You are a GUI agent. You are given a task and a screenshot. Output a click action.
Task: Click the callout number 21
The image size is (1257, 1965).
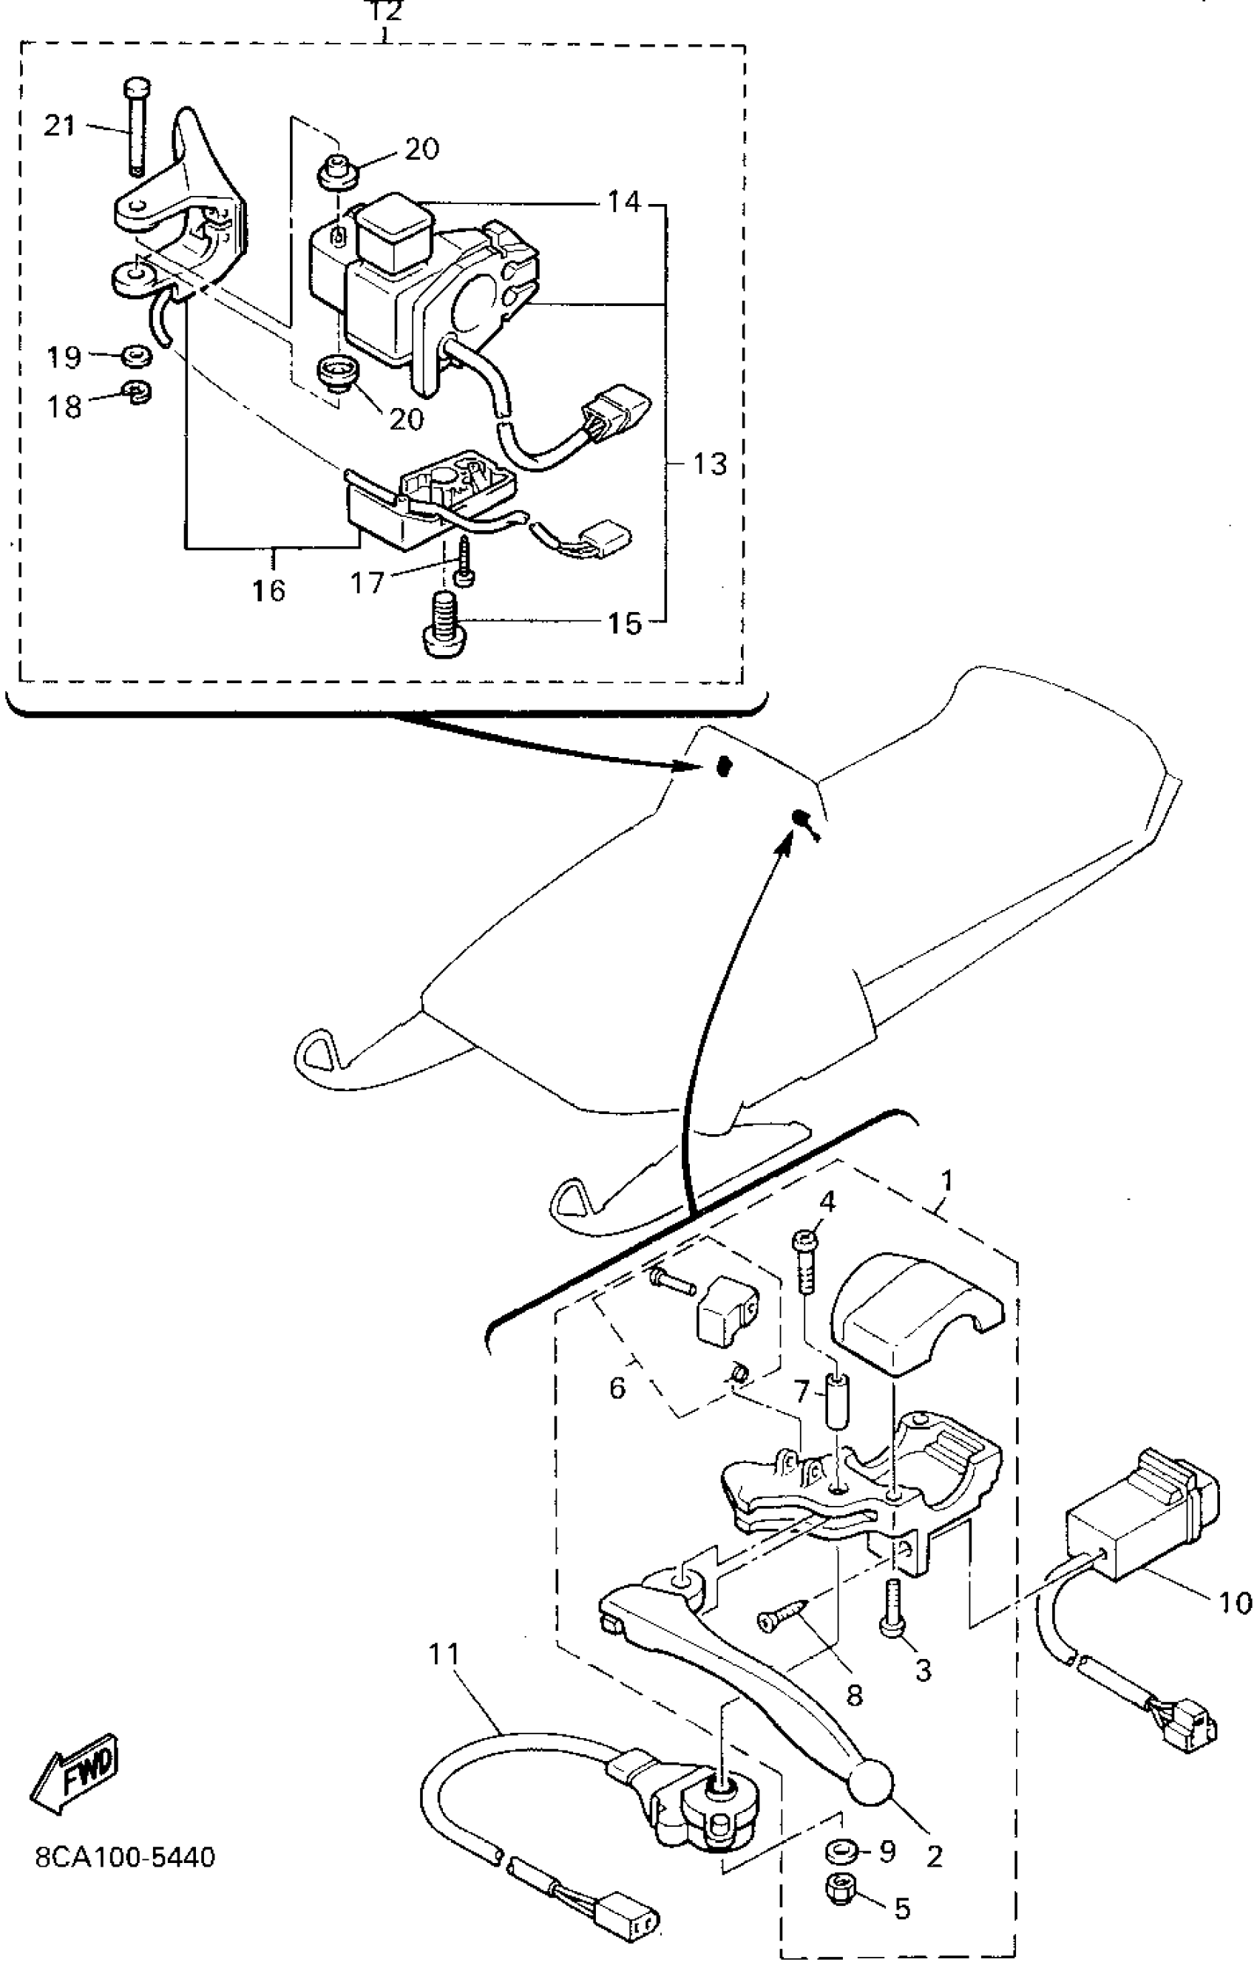[x=58, y=126]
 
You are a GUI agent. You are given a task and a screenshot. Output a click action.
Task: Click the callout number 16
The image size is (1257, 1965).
[x=268, y=589]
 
